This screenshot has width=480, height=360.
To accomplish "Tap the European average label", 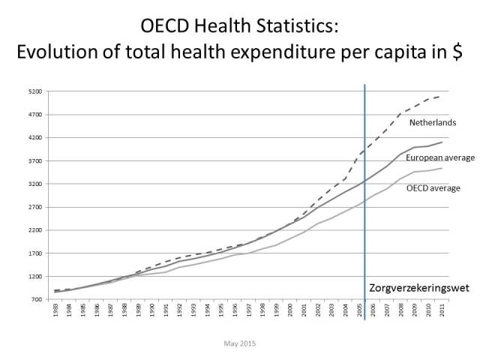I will (439, 157).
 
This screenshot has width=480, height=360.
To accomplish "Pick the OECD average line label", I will (433, 188).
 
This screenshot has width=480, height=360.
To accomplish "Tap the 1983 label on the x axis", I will (57, 311).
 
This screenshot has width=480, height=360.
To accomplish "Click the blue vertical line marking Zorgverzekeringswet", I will (364, 225).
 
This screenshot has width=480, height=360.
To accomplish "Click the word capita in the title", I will (370, 55).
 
